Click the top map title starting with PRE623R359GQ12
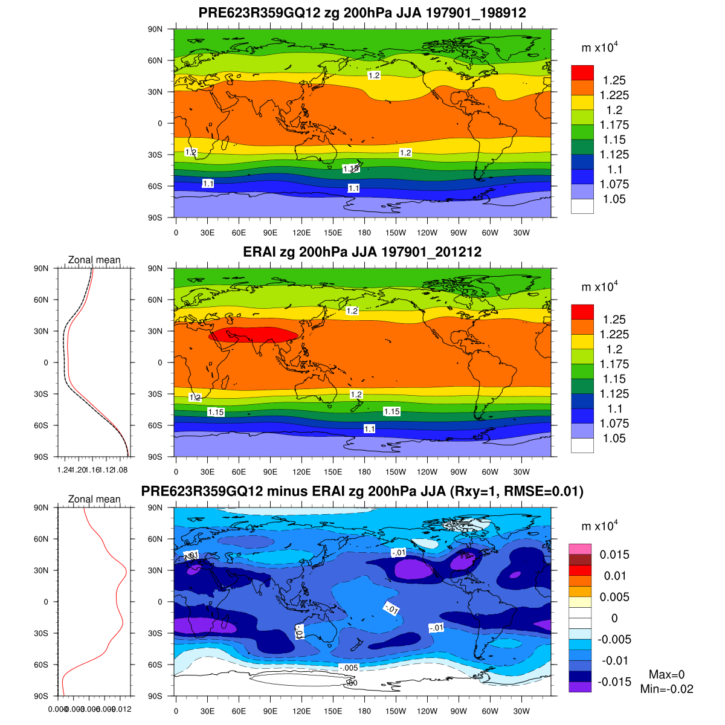coord(362,13)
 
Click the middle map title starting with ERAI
coord(362,252)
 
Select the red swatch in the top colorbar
coord(582,72)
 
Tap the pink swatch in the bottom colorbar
coord(579,549)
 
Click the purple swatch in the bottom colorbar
coord(579,687)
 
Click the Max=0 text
coord(666,674)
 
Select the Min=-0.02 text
coord(666,689)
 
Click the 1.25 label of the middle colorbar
coord(614,320)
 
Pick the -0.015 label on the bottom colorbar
coord(614,682)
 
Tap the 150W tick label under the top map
coord(396,233)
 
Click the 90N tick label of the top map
coord(155,29)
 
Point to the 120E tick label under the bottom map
coord(301,712)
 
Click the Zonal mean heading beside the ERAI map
coord(94,260)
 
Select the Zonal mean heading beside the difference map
coord(94,499)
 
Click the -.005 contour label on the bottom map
coord(349,668)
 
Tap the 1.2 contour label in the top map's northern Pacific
coord(374,76)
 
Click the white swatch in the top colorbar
coord(582,207)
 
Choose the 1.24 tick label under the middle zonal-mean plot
coord(63,469)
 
